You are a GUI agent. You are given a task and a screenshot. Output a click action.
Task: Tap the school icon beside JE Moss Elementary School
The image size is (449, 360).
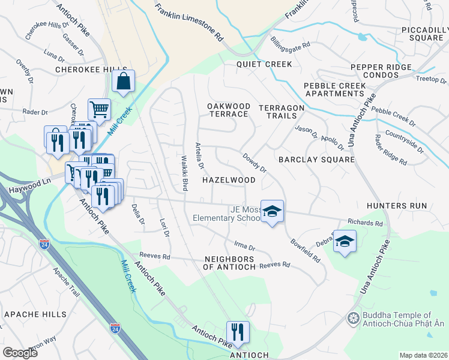coord(272,212)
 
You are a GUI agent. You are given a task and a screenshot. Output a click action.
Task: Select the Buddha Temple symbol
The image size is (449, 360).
coord(353,317)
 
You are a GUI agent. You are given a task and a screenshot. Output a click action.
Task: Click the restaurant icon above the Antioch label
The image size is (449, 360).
coord(238,332)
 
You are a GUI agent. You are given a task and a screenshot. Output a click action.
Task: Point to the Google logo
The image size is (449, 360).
coord(20,353)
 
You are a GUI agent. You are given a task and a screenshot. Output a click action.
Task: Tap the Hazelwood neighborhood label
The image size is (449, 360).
coord(228,180)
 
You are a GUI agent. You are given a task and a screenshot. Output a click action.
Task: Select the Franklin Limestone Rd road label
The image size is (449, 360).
coord(189,23)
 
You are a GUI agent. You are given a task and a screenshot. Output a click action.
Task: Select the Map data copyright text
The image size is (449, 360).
coord(423,355)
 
